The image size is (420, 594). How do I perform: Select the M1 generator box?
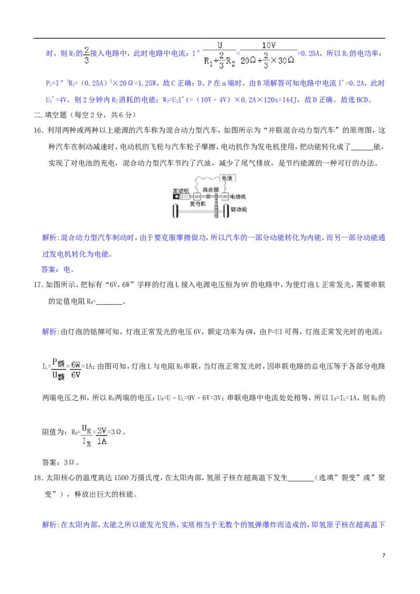click(197, 197)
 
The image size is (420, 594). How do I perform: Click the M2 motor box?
click(224, 197)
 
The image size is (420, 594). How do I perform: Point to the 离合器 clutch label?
click(209, 189)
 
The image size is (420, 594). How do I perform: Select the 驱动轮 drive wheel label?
click(241, 209)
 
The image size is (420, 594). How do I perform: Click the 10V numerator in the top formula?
click(268, 46)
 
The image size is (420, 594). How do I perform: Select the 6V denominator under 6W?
click(76, 375)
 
